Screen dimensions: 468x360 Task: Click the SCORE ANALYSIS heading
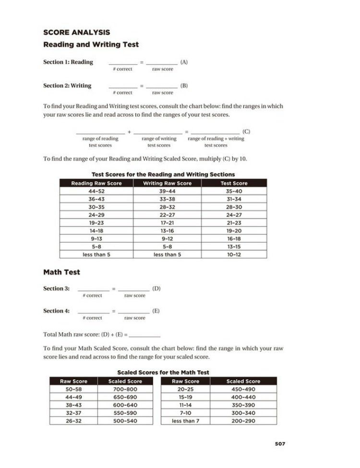[76, 33]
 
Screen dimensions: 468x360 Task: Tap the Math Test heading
[61, 272]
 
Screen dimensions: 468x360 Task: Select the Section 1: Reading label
[68, 62]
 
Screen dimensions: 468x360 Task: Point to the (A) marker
[184, 62]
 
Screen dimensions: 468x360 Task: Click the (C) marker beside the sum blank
[246, 131]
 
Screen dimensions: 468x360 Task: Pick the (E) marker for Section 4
[156, 311]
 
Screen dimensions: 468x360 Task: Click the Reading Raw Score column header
[96, 183]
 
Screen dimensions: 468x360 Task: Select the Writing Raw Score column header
[167, 183]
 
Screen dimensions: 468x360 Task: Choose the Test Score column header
[234, 183]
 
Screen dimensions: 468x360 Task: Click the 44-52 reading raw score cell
[96, 191]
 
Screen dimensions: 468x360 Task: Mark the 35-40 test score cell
[234, 191]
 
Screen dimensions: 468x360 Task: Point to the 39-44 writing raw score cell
[167, 191]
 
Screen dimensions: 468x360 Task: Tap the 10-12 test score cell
[234, 255]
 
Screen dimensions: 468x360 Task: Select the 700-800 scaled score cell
[125, 389]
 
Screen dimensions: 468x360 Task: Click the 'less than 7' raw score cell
[185, 421]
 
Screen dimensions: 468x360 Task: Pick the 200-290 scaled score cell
[243, 421]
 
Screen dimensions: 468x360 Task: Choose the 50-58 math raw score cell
[72, 389]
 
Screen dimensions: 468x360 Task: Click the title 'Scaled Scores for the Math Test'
[163, 372]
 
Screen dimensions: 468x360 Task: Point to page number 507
[280, 444]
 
